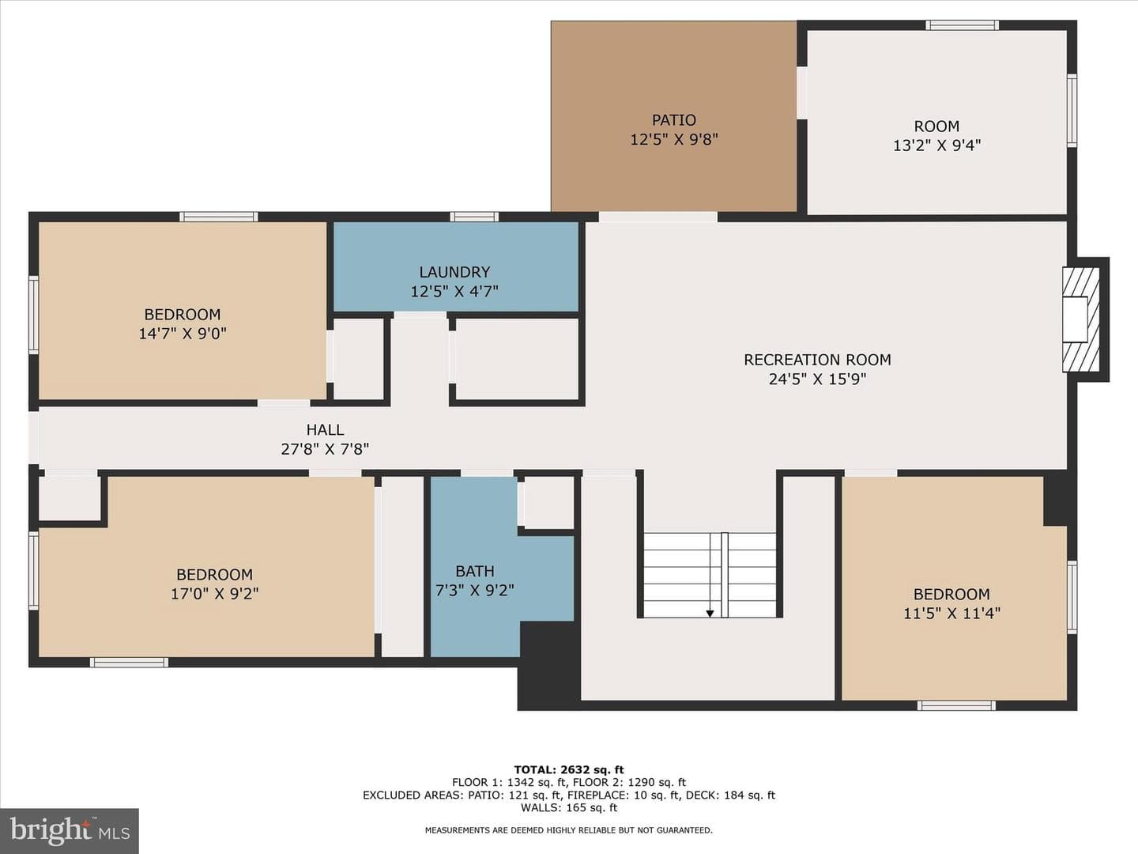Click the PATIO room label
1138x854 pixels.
point(673,120)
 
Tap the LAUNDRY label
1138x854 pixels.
point(454,272)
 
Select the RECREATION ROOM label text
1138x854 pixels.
point(817,360)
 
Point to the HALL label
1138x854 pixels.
point(325,430)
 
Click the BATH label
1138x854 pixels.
point(474,572)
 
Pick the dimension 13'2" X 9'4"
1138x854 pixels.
point(936,145)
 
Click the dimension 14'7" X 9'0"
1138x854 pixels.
point(182,334)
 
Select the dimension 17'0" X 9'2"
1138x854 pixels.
point(214,594)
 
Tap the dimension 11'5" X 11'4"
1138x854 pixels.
point(951,614)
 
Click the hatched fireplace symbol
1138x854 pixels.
point(1080,319)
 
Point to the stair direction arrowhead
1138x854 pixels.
point(710,614)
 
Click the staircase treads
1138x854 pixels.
point(709,575)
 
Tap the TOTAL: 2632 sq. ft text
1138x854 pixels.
point(569,770)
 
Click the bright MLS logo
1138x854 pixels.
point(69,830)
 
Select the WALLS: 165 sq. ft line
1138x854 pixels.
point(569,807)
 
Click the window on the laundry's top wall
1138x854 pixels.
point(474,217)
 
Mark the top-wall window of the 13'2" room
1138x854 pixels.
point(963,25)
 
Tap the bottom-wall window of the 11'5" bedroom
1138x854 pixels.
point(956,705)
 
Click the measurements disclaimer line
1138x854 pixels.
point(569,830)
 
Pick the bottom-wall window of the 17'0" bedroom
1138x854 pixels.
point(129,662)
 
